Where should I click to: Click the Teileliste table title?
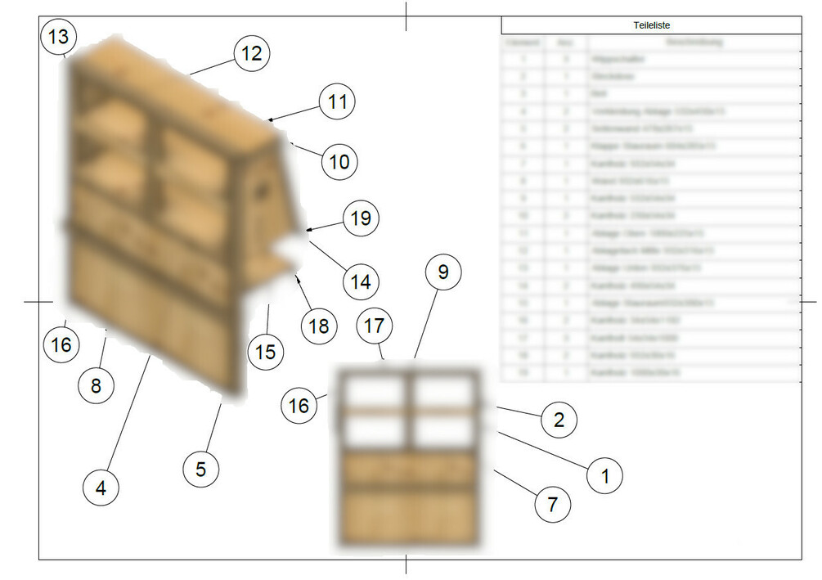coord(651,25)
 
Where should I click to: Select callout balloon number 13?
coord(58,37)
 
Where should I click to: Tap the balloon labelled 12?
coord(252,53)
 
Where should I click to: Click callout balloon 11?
coord(338,102)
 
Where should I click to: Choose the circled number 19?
coord(361,218)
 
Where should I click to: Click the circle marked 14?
coord(361,282)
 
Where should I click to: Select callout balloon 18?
coord(318,326)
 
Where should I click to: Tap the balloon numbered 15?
coord(266,353)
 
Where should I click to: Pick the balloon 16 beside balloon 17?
coord(300,406)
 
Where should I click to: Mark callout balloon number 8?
coord(97,384)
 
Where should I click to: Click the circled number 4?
coord(101,488)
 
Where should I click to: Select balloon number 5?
coord(200,469)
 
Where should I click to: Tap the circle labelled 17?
coord(374,326)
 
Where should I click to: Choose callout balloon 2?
coord(559,420)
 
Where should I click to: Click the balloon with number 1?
coord(605,474)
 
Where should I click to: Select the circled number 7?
coord(553,504)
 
